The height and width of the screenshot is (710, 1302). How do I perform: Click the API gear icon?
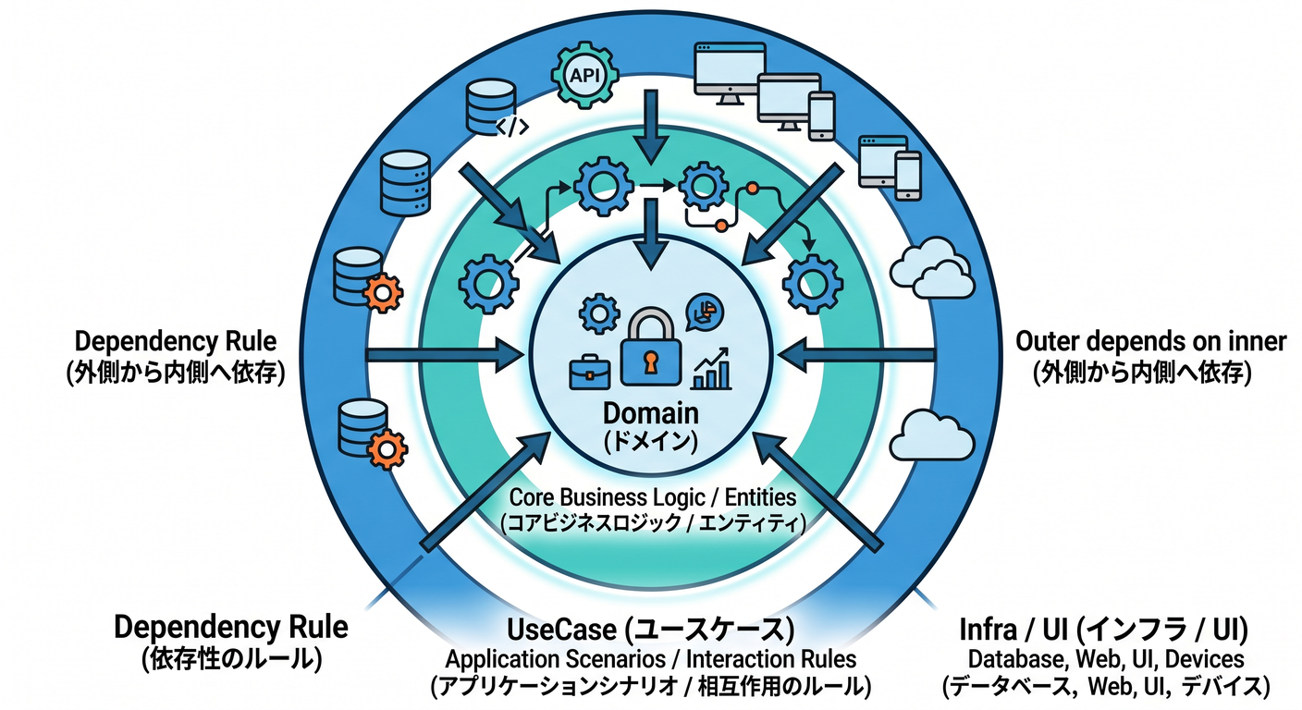[x=584, y=75]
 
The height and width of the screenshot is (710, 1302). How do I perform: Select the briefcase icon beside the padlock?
[x=589, y=372]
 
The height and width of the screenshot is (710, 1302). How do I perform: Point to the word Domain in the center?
[x=650, y=413]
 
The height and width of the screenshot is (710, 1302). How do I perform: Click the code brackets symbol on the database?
[x=512, y=127]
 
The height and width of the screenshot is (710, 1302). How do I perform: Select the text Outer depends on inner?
[x=1150, y=341]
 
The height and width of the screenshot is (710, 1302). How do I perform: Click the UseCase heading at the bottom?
[x=650, y=630]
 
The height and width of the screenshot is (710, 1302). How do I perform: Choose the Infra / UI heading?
[x=1104, y=630]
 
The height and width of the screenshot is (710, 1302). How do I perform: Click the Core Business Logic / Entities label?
[x=653, y=497]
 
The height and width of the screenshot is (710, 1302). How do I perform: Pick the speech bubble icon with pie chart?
[x=705, y=312]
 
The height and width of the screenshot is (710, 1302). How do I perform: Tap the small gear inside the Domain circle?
[x=599, y=313]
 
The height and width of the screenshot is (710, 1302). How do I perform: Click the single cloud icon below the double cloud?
[x=932, y=435]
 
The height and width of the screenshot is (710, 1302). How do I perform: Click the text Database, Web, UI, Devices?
[x=1106, y=659]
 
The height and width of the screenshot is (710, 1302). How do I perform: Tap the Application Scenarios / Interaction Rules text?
[x=650, y=659]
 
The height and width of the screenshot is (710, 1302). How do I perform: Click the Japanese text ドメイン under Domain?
[x=650, y=442]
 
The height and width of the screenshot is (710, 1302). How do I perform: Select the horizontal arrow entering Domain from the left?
[x=445, y=354]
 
